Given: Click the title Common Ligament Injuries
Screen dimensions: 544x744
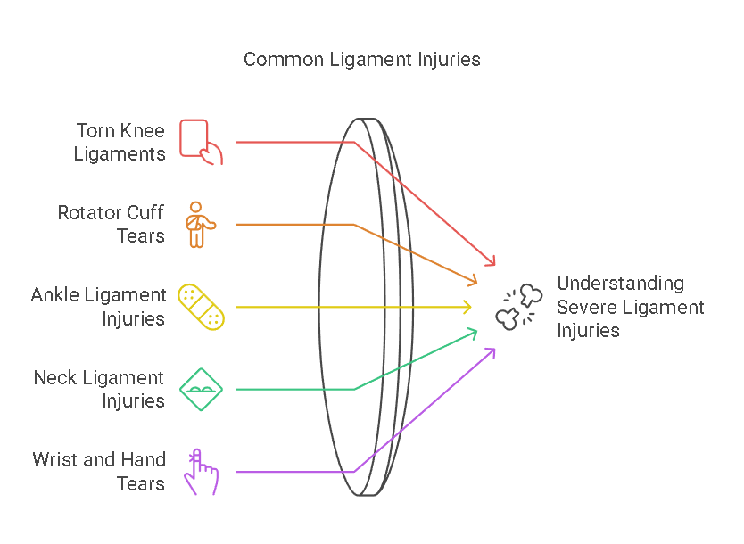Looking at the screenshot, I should tap(361, 60).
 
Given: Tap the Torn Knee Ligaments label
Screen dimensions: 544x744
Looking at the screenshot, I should tap(120, 142).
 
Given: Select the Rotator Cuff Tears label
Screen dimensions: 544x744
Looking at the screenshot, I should tap(112, 225).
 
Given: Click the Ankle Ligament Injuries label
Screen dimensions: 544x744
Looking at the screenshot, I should tap(98, 307).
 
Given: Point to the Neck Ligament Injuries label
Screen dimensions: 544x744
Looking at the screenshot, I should tap(99, 390).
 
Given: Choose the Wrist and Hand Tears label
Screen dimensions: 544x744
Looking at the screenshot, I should tap(99, 472).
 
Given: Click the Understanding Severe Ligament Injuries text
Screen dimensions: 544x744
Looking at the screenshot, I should tap(630, 307).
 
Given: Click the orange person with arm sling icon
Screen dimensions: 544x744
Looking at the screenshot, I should tap(195, 225).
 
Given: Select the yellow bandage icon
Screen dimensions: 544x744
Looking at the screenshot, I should tap(201, 307).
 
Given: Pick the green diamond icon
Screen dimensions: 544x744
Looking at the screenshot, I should tap(201, 389).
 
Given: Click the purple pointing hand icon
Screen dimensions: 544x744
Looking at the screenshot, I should tap(201, 471).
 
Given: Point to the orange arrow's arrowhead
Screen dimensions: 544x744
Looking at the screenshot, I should tap(475, 283).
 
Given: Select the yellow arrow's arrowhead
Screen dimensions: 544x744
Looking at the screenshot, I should tap(468, 307).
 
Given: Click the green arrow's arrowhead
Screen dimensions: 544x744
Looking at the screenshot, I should tap(475, 332).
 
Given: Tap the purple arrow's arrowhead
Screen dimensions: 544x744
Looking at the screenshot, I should tap(492, 351).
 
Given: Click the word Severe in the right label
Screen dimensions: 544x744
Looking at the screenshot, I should tap(584, 308).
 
